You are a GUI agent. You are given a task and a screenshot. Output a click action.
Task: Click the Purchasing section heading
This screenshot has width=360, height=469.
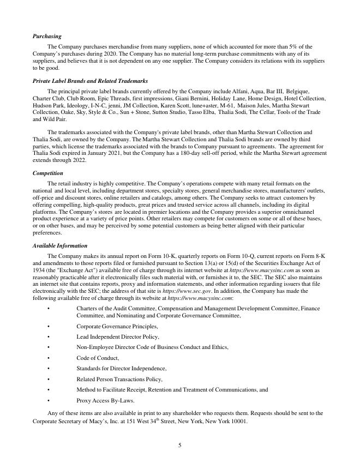coord(47,36)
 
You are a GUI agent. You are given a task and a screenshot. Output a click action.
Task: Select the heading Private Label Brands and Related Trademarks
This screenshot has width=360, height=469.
coord(90,81)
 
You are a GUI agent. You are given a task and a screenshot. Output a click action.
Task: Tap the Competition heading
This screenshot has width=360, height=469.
coord(48,173)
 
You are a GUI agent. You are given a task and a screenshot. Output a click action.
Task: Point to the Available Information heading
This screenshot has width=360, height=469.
coord(60,246)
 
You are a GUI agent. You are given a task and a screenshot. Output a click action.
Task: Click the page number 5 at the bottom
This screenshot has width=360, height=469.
coord(179,445)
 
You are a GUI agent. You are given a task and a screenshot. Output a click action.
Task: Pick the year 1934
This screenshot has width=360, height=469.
coord(39,270)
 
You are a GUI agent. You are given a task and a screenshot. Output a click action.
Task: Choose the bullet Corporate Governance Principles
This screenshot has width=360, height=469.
coord(117,326)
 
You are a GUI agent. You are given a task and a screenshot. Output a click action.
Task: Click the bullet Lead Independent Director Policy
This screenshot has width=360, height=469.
coord(117,336)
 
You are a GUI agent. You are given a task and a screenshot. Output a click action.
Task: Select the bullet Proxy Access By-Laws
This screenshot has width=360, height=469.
coord(105,400)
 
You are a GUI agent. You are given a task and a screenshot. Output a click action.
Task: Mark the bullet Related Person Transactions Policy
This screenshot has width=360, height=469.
coord(119,379)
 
